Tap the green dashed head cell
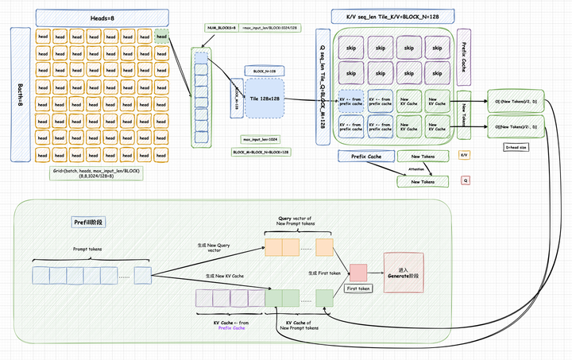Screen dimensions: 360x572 (x=162, y=36)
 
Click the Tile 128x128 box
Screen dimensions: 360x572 (x=263, y=98)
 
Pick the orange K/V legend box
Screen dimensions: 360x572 (x=464, y=155)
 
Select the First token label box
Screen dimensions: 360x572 (x=358, y=288)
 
